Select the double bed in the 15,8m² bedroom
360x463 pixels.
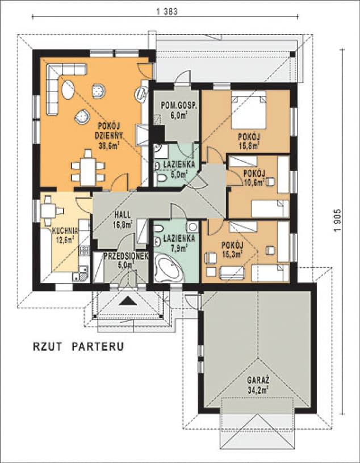pyautogui.click(x=248, y=110)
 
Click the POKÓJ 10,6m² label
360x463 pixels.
pyautogui.click(x=253, y=178)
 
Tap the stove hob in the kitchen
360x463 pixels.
pyautogui.click(x=84, y=250)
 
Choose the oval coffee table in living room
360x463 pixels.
pyautogui.click(x=69, y=90)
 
